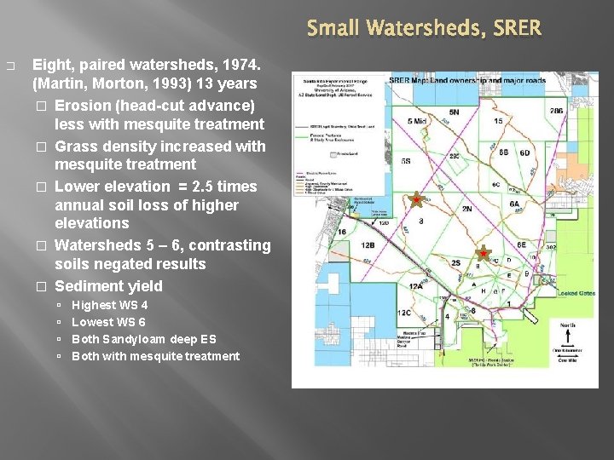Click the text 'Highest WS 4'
point(109,305)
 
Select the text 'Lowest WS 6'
point(108,322)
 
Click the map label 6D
point(524,152)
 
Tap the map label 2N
point(466,209)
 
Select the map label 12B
point(368,246)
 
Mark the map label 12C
point(404,313)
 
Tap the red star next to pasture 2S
point(483,253)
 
